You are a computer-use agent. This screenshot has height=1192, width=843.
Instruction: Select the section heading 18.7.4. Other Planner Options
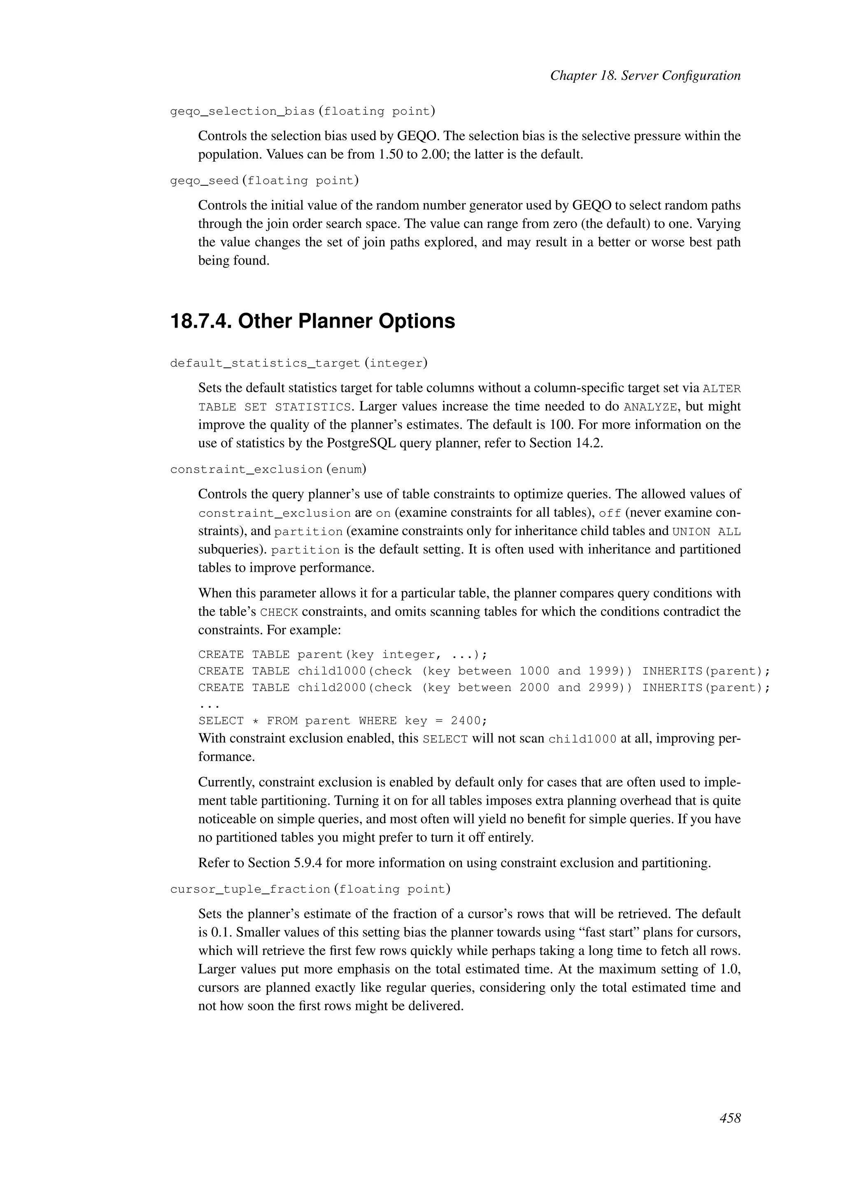tap(312, 321)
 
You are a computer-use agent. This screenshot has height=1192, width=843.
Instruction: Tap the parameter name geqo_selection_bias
tap(242, 112)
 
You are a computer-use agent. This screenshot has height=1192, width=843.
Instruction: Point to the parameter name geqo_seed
tap(205, 181)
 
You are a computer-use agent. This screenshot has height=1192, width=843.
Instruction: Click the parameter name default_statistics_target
tap(265, 363)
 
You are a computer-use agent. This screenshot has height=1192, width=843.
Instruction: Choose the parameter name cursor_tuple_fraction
tap(250, 889)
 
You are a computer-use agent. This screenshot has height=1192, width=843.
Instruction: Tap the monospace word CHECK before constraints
tap(279, 612)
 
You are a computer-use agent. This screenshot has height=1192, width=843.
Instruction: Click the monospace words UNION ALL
tap(706, 532)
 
